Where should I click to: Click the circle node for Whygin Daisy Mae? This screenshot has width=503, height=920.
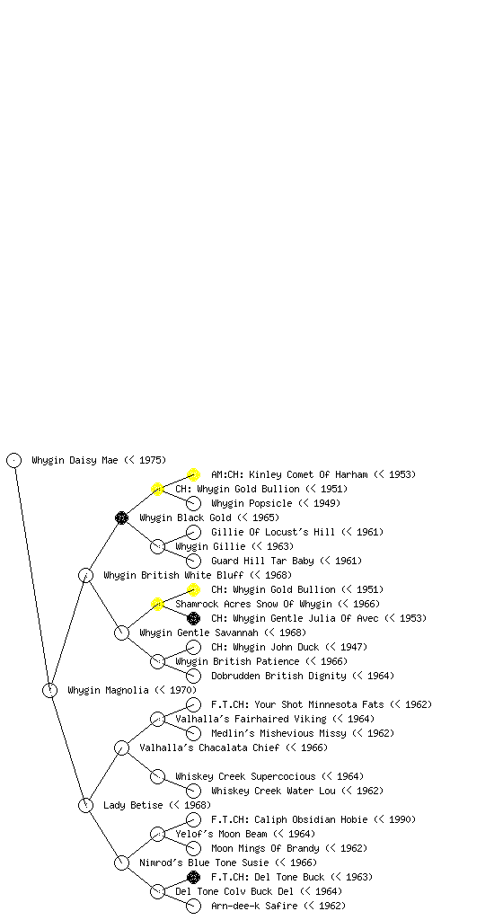pyautogui.click(x=14, y=460)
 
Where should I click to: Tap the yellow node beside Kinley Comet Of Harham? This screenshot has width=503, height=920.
pyautogui.click(x=193, y=474)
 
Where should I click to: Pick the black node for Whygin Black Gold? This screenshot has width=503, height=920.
pyautogui.click(x=121, y=517)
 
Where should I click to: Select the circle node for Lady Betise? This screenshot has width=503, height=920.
pyautogui.click(x=85, y=805)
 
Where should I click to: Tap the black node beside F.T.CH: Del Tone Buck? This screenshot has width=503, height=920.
pyautogui.click(x=193, y=877)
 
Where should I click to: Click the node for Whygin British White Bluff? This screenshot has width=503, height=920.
pyautogui.click(x=85, y=575)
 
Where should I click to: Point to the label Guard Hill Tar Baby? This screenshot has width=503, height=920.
pyautogui.click(x=262, y=561)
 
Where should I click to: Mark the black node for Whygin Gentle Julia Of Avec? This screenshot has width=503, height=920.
pyautogui.click(x=193, y=618)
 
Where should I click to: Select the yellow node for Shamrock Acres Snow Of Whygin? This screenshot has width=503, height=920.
pyautogui.click(x=157, y=604)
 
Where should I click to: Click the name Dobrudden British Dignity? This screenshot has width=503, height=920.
pyautogui.click(x=278, y=676)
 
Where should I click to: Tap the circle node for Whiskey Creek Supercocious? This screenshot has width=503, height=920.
pyautogui.click(x=157, y=776)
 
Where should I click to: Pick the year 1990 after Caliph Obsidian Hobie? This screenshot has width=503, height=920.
pyautogui.click(x=400, y=819)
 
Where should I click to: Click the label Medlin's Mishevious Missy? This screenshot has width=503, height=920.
pyautogui.click(x=278, y=733)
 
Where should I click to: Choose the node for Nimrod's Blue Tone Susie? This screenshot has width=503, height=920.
pyautogui.click(x=121, y=862)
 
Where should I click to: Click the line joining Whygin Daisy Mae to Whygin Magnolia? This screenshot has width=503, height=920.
pyautogui.click(x=32, y=575)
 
